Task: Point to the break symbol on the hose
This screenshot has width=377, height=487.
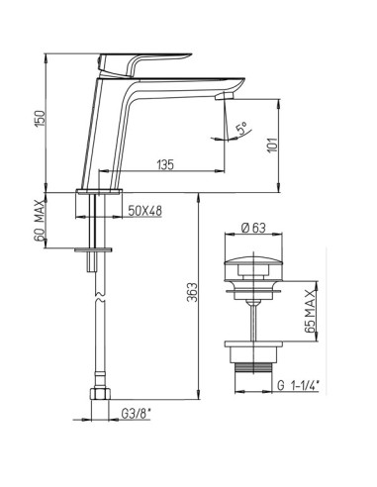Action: pos(97,294)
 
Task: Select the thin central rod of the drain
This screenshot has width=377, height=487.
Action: pos(254,317)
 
